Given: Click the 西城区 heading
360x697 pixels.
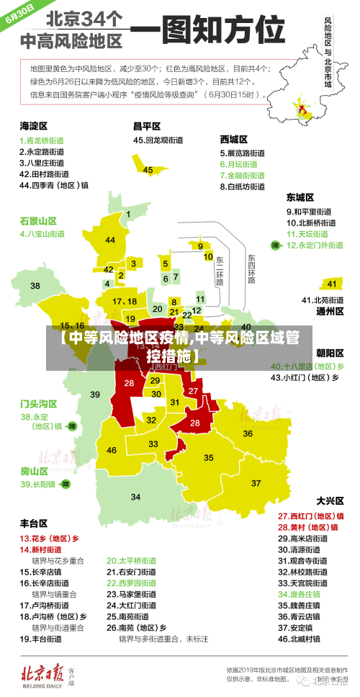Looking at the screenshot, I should click(x=234, y=139).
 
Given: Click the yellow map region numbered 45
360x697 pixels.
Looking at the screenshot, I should click(x=148, y=170).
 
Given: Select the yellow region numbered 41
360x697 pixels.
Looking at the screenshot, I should click(x=332, y=284).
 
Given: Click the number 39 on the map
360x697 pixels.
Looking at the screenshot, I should click(x=95, y=394).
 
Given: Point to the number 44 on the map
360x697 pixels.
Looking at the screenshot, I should click(x=109, y=240).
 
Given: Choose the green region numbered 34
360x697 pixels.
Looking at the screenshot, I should click(x=135, y=497).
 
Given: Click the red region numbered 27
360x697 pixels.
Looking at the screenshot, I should click(x=193, y=390).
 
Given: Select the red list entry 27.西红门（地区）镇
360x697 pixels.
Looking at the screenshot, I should click(x=310, y=516).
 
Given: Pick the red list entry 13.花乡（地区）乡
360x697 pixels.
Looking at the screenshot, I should click(x=49, y=538).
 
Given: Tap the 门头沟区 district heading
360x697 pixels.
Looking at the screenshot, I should click(x=38, y=403).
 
